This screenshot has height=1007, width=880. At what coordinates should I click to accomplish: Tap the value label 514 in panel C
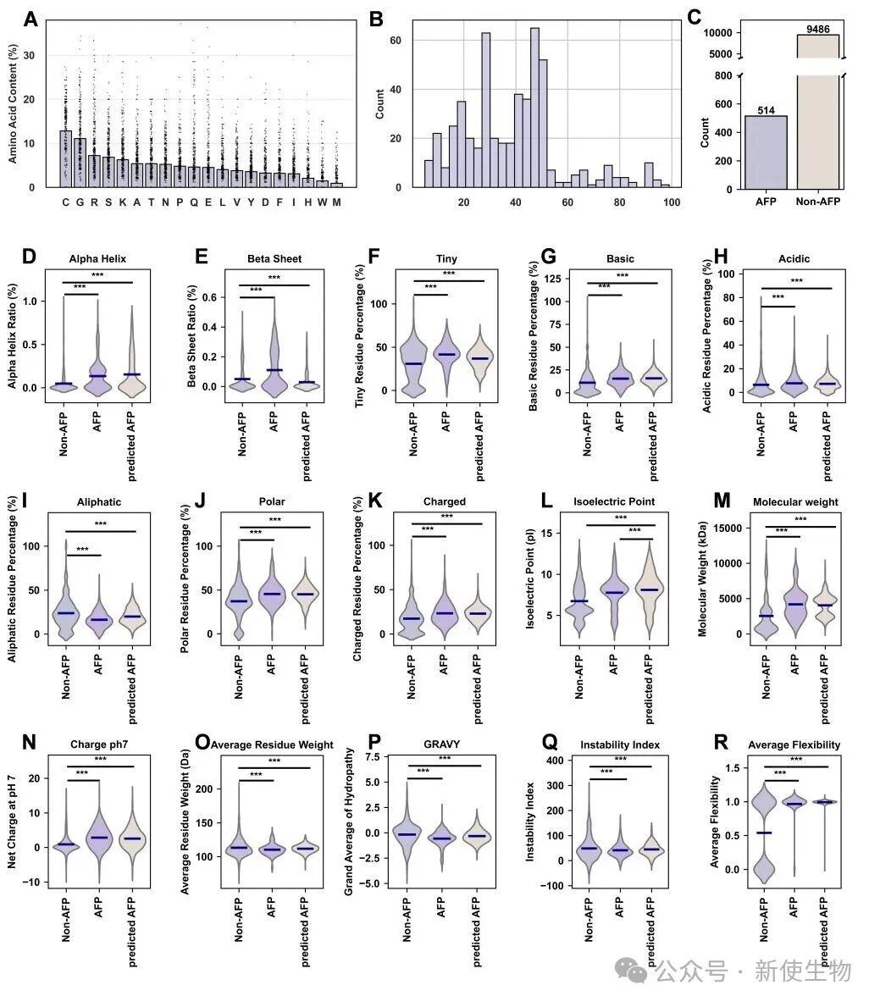[x=766, y=109]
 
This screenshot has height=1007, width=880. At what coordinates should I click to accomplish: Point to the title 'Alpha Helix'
[x=98, y=259]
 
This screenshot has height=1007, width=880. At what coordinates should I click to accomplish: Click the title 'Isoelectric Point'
[x=620, y=501]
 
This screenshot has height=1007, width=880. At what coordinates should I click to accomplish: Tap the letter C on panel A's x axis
[x=66, y=202]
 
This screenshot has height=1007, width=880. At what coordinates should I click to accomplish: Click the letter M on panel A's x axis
[x=336, y=202]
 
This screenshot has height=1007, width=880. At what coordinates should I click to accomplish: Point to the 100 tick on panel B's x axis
[x=672, y=202]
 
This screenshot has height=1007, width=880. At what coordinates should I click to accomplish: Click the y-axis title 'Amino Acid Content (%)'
[x=14, y=103]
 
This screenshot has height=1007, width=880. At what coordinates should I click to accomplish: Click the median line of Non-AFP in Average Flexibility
[x=764, y=833]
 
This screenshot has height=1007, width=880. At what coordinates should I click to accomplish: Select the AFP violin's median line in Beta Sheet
[x=273, y=370]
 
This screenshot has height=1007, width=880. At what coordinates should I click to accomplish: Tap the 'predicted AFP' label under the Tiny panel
[x=478, y=426]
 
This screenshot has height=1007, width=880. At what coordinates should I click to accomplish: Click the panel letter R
[x=722, y=744]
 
